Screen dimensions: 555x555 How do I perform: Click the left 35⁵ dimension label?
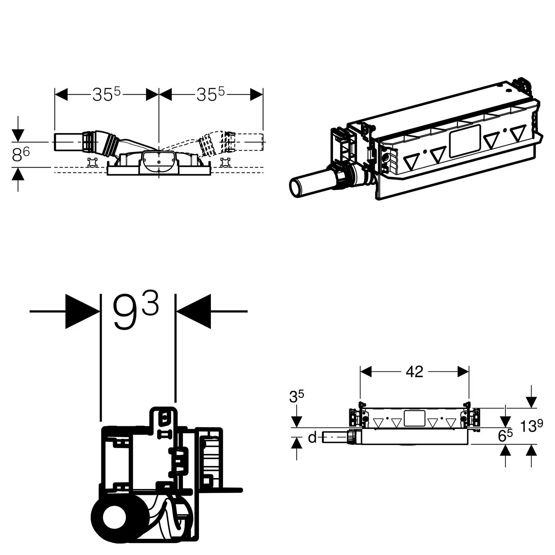coord(107,94)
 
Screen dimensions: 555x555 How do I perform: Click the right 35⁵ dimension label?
coord(211,94)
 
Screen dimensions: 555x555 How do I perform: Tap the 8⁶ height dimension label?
coord(21,155)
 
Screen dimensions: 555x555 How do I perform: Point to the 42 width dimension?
coord(414,371)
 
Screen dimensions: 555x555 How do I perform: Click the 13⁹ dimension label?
coord(532,426)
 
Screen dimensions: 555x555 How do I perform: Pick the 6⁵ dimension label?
coord(505,435)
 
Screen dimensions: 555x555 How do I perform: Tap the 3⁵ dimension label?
coord(297,397)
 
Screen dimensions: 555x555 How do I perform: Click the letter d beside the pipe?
coord(312,438)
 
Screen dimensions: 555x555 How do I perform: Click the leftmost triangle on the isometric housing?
coord(412,161)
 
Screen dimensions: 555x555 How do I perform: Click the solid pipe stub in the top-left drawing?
coord(68,142)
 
